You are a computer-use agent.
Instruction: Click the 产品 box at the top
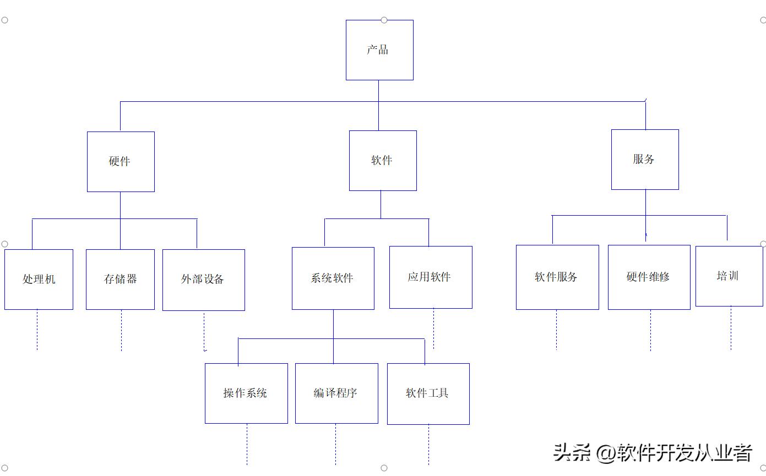(x=379, y=50)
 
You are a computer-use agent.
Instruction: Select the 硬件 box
(x=121, y=162)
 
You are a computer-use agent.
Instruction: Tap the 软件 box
(x=383, y=161)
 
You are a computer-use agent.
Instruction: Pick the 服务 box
(x=645, y=160)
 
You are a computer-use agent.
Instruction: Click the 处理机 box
(x=39, y=280)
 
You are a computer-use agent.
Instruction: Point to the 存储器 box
(x=120, y=280)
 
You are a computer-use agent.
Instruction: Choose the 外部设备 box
(x=203, y=280)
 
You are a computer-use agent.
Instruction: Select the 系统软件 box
(x=333, y=278)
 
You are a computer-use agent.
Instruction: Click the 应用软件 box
(x=430, y=277)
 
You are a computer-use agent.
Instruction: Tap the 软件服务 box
(x=557, y=277)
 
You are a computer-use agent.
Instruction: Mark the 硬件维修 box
(x=649, y=277)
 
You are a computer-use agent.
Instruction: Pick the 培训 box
(x=729, y=276)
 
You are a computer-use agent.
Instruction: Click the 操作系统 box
(x=246, y=393)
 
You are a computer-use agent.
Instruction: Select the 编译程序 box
(x=336, y=393)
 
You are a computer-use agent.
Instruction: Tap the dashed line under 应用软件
(x=433, y=329)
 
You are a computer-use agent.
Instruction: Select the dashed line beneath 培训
(x=731, y=328)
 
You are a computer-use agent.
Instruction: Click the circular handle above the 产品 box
(x=384, y=20)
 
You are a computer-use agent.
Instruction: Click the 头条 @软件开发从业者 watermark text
(x=653, y=453)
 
